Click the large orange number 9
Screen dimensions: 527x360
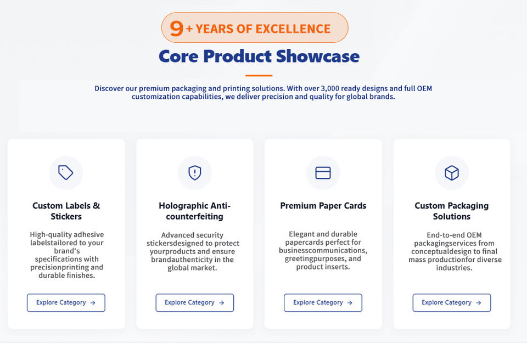point(176,28)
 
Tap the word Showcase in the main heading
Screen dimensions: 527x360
point(318,56)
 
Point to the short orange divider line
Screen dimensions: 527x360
point(259,76)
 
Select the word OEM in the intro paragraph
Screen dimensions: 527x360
point(424,88)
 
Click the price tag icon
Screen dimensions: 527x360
point(65,173)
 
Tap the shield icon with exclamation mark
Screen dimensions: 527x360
point(194,173)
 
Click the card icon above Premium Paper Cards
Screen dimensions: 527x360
point(323,173)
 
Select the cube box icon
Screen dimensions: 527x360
point(452,173)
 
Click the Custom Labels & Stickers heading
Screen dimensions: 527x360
point(66,211)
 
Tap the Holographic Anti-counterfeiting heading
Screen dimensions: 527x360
point(194,211)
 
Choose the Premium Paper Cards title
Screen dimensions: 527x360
point(323,206)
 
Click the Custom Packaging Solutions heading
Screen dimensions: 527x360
point(452,211)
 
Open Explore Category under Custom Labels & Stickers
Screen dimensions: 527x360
point(66,302)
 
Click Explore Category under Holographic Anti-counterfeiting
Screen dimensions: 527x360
point(194,302)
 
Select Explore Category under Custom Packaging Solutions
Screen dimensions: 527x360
point(452,302)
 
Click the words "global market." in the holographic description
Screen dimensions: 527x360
point(192,268)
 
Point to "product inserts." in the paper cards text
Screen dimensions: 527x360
point(323,267)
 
